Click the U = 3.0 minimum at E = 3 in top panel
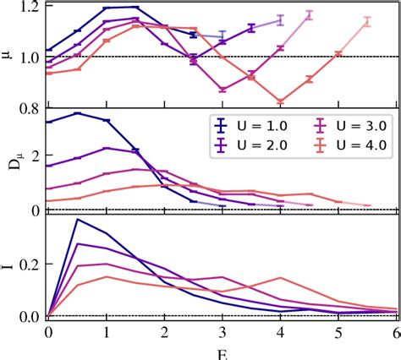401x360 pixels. point(222,89)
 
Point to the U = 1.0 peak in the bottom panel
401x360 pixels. point(78,219)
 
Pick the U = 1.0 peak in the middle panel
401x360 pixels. point(78,112)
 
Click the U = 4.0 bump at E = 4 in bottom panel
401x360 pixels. point(281,277)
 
